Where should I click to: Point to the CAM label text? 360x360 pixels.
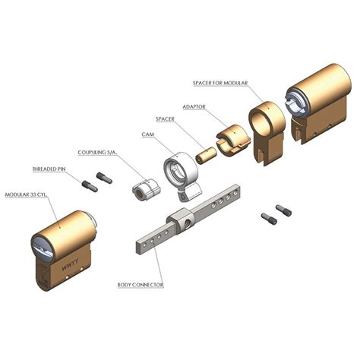point(150,134)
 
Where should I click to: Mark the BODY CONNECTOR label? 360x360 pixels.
point(140,286)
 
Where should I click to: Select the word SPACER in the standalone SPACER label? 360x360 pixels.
point(167,120)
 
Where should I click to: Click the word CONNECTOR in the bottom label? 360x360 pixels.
point(149,286)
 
